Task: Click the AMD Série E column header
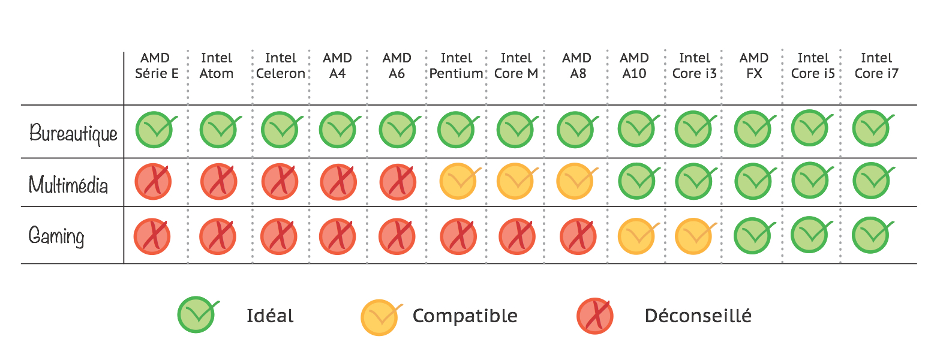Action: [x=156, y=66]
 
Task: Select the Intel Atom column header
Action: [x=217, y=66]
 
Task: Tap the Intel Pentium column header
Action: [x=456, y=66]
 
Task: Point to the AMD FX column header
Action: [x=753, y=66]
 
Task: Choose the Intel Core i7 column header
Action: [x=876, y=66]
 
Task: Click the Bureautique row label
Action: [x=73, y=133]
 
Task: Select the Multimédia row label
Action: [x=68, y=184]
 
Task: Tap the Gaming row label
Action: [x=56, y=236]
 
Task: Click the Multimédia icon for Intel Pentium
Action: [x=458, y=181]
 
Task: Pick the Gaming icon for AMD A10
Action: [x=636, y=236]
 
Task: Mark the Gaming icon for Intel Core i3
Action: [x=693, y=236]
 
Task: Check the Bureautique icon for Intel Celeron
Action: [x=280, y=130]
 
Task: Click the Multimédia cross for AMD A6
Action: [x=398, y=182]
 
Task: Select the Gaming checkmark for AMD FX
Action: [x=753, y=236]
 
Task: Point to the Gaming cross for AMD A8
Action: [x=578, y=236]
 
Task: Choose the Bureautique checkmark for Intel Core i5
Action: [x=810, y=128]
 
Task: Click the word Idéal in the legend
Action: [x=270, y=316]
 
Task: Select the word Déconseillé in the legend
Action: [x=698, y=316]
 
